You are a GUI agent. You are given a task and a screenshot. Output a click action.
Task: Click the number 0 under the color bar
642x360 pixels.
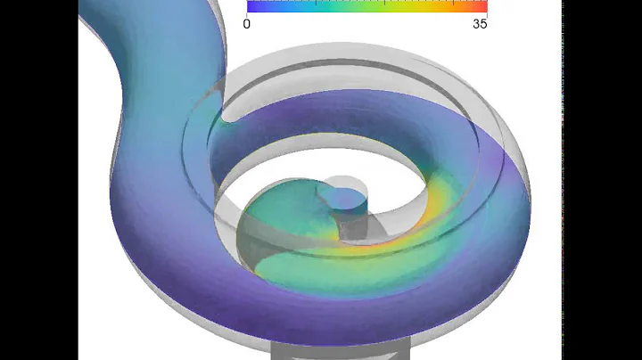coord(247,24)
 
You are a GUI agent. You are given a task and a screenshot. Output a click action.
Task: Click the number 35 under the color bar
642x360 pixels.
coord(480,24)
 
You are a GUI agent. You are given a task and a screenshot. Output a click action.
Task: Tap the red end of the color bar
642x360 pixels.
coord(482,5)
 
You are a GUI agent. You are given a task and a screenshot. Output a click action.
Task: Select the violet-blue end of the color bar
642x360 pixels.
coord(252,5)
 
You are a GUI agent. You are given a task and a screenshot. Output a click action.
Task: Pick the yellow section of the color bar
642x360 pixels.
coord(419,5)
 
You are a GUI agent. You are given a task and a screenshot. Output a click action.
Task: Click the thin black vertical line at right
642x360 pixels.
coord(563,178)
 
